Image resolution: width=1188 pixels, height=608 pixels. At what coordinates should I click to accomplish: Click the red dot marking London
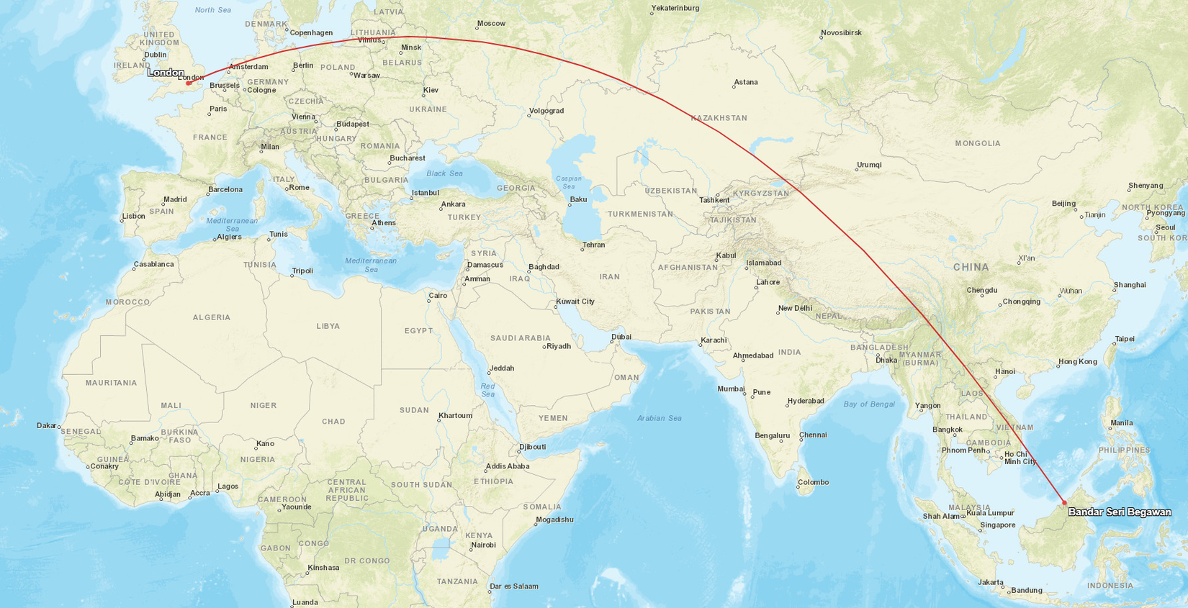pyautogui.click(x=189, y=83)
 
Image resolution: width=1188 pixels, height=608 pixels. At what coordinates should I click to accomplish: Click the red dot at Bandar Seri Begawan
pyautogui.click(x=1064, y=502)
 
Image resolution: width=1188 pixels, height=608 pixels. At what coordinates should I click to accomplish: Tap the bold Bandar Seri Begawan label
pyautogui.click(x=1119, y=512)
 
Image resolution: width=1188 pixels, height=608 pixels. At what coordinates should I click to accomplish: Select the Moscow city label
pyautogui.click(x=491, y=24)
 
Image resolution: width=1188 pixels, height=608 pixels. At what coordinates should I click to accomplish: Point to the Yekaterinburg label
pyautogui.click(x=675, y=9)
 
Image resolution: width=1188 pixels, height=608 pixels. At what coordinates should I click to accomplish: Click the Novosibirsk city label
pyautogui.click(x=841, y=33)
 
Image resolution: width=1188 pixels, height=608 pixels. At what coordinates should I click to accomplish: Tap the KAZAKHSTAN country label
pyautogui.click(x=719, y=118)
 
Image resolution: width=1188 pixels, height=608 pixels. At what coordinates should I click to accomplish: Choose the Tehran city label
pyautogui.click(x=593, y=245)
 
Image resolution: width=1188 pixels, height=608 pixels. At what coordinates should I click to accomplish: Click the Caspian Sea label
pyautogui.click(x=568, y=183)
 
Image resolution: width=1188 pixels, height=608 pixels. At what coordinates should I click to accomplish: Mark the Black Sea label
pyautogui.click(x=444, y=173)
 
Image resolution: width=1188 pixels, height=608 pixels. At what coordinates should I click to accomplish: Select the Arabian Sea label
pyautogui.click(x=659, y=418)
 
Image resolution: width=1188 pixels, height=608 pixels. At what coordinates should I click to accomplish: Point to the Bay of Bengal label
pyautogui.click(x=868, y=404)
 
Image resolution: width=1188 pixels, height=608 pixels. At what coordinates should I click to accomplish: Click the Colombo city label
pyautogui.click(x=813, y=483)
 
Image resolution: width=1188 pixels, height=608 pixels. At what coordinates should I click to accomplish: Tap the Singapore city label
pyautogui.click(x=997, y=525)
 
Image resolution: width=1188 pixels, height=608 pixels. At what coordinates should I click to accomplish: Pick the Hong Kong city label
pyautogui.click(x=1077, y=362)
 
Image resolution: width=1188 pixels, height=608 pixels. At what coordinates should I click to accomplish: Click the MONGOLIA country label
pyautogui.click(x=977, y=144)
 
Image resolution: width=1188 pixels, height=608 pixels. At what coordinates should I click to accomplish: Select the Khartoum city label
pyautogui.click(x=455, y=416)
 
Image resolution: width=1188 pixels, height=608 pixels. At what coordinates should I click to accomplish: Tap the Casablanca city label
pyautogui.click(x=153, y=265)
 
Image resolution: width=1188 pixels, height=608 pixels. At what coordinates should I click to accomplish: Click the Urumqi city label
pyautogui.click(x=869, y=165)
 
